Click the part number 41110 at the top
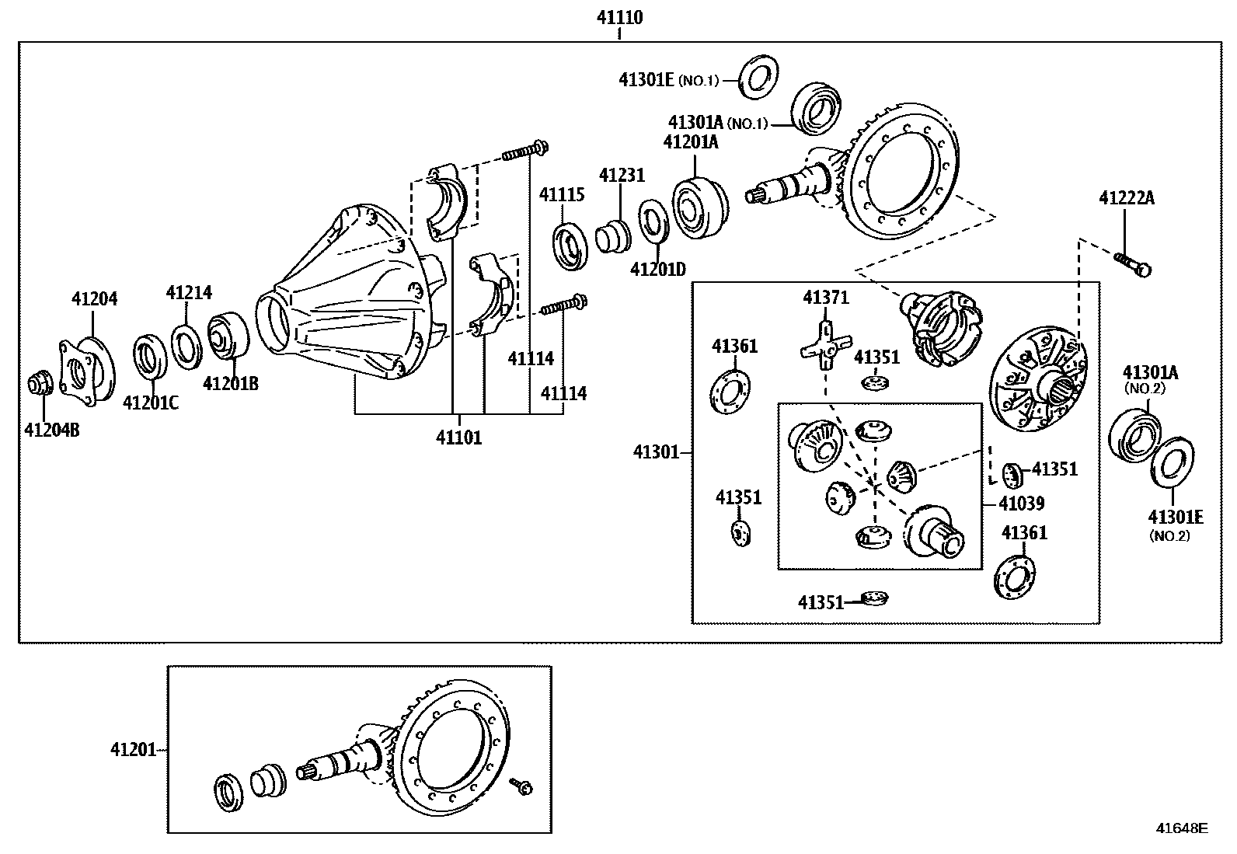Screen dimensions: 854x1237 619,17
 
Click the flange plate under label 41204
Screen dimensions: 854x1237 85,371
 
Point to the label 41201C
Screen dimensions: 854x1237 151,403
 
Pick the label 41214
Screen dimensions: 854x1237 189,292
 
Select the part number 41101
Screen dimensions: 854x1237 458,437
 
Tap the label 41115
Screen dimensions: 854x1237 562,194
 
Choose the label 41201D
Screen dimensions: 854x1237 658,270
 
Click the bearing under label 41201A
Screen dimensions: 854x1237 699,207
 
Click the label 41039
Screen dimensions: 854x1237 1022,504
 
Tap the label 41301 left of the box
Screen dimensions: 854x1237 656,451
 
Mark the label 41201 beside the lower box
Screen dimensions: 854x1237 133,750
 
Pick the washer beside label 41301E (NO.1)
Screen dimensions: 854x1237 758,77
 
